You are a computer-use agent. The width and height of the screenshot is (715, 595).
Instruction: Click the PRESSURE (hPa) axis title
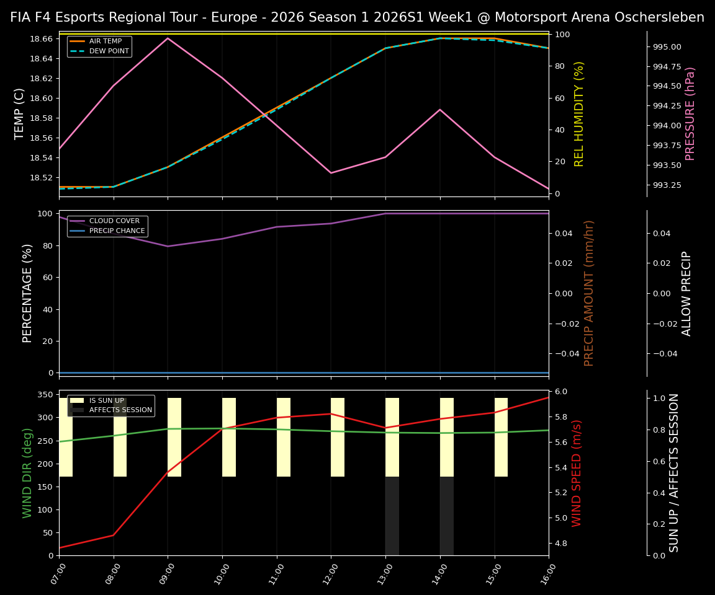pos(690,113)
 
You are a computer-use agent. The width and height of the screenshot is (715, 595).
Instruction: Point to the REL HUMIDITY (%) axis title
pos(579,113)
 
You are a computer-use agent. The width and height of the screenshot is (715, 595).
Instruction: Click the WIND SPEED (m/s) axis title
pos(577,473)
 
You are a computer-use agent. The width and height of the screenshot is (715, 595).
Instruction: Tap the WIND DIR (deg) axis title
pos(27,473)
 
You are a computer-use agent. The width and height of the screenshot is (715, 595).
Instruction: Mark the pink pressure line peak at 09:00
pos(168,38)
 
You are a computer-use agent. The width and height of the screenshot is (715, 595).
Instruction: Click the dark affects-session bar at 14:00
pos(447,516)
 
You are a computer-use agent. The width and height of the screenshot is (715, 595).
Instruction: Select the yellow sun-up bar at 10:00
pos(229,437)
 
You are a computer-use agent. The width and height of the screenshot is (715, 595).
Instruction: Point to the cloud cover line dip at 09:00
pos(168,246)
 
